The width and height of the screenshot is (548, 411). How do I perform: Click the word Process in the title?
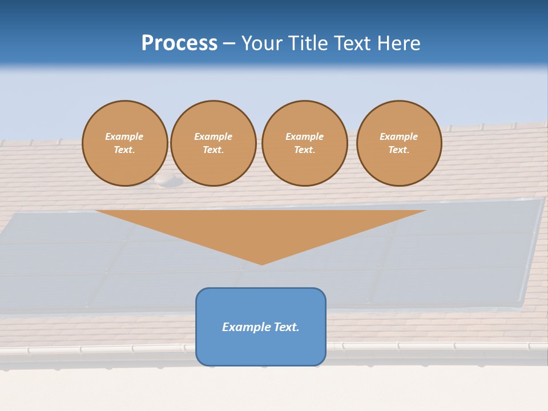point(179,43)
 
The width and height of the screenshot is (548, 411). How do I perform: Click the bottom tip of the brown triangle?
point(262,264)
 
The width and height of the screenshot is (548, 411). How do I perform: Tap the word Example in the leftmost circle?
point(124,136)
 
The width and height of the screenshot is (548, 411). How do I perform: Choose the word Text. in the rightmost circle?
point(398,150)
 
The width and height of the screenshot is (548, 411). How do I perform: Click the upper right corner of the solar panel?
point(543,198)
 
